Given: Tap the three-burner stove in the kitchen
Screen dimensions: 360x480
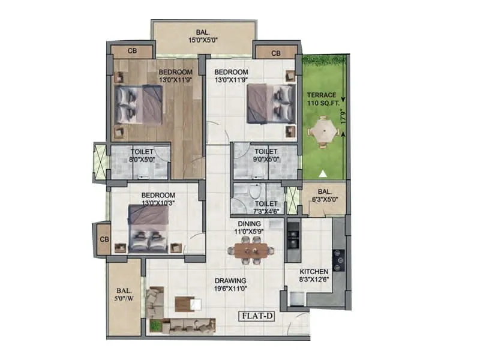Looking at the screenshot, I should point(340,260).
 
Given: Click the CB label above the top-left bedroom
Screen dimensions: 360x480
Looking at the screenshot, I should point(132,52).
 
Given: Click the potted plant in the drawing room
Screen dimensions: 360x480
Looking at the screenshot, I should point(156,326).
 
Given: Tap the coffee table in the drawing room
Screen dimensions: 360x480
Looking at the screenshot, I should point(185,304).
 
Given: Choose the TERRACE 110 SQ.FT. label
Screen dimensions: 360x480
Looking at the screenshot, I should point(322,100).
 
